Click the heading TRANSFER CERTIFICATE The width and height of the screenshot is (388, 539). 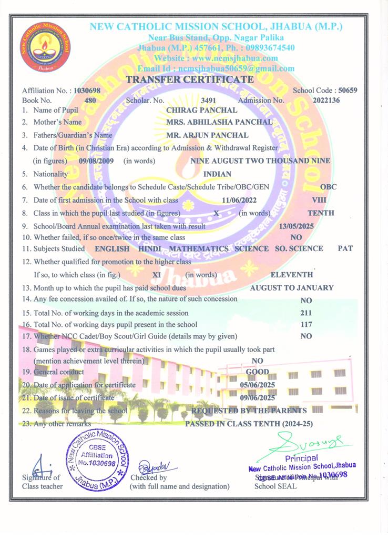pos(190,79)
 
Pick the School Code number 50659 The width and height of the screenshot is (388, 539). pos(348,91)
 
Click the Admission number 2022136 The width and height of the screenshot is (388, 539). pos(326,100)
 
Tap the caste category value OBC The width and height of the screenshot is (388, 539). pos(328,187)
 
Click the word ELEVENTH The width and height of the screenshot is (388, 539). pos(291,274)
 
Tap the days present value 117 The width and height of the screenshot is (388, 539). pos(306,325)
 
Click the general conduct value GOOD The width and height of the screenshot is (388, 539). pos(258,372)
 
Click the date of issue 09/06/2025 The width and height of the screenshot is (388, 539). pos(257,398)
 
